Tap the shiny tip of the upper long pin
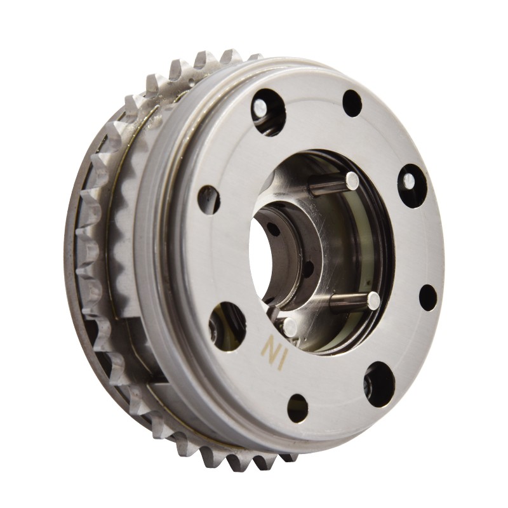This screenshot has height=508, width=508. coord(352,180)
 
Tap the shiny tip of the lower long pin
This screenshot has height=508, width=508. coord(373,299)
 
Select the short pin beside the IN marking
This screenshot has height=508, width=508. coord(290,326)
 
